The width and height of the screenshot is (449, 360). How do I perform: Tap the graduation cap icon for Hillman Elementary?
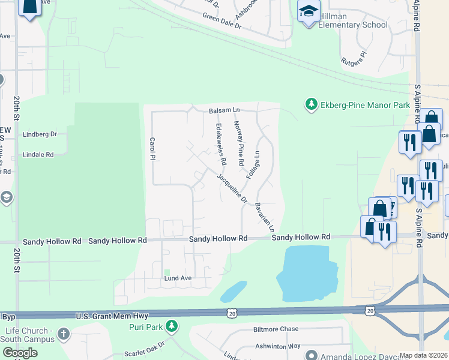(309, 11)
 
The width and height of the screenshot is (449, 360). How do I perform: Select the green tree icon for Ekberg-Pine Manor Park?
(311, 104)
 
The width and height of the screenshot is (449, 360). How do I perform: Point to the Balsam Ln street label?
(224, 111)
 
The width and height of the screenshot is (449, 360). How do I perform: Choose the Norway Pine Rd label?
(238, 143)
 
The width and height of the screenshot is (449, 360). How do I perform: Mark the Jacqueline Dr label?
(232, 188)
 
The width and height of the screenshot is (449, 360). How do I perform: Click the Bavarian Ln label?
(265, 217)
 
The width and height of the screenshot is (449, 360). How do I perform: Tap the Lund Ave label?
(178, 278)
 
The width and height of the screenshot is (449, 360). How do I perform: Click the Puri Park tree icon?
(172, 326)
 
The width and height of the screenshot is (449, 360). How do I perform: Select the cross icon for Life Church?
(64, 333)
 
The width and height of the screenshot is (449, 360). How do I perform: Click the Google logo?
(20, 353)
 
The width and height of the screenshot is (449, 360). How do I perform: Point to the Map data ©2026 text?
(423, 355)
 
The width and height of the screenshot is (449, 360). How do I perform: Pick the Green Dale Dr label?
(221, 22)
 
